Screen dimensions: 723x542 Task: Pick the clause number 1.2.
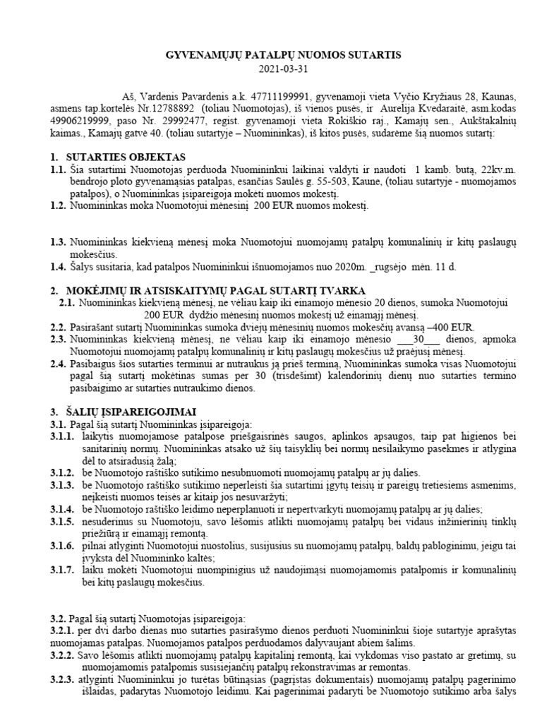[x=59, y=206]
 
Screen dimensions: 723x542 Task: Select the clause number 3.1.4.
[x=62, y=509]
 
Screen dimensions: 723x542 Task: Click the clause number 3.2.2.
[x=62, y=655]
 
